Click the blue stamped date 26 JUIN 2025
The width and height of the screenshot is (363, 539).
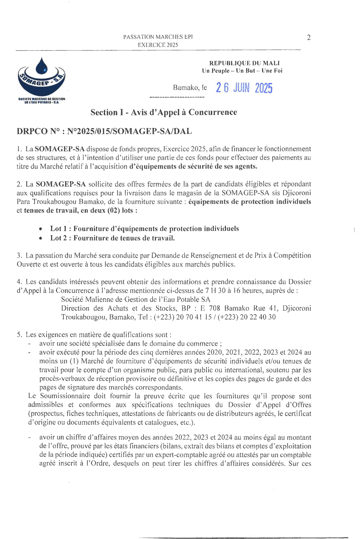click(x=244, y=88)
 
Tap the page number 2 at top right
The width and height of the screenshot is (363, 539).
click(x=309, y=38)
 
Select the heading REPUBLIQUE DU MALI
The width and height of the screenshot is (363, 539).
click(x=244, y=63)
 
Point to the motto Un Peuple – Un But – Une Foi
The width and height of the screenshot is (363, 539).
click(x=242, y=71)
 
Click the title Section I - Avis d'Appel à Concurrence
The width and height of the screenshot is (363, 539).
click(x=164, y=112)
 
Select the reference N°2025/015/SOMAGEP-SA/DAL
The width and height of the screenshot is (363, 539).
click(x=129, y=131)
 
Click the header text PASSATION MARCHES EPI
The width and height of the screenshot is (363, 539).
click(x=158, y=37)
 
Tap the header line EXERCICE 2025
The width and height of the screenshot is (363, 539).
click(x=158, y=45)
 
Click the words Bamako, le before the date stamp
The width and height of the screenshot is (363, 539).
click(x=190, y=88)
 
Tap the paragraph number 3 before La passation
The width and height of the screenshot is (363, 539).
click(x=19, y=256)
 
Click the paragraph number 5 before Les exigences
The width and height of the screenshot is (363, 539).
click(x=19, y=335)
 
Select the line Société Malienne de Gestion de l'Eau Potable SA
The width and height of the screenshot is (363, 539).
click(x=136, y=299)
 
